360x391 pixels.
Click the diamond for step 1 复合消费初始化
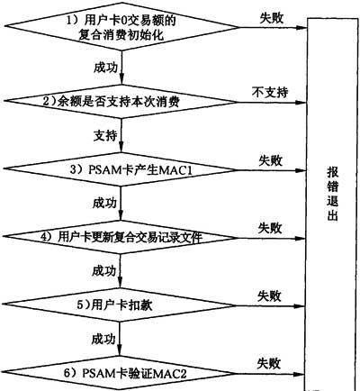pyautogui.click(x=121, y=27)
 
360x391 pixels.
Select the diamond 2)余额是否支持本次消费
pyautogui.click(x=121, y=102)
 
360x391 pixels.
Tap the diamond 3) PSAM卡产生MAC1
pyautogui.click(x=120, y=169)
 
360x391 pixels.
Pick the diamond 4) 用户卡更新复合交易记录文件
pyautogui.click(x=120, y=237)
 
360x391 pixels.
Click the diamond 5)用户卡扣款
pyautogui.click(x=120, y=305)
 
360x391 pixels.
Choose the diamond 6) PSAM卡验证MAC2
pyautogui.click(x=120, y=374)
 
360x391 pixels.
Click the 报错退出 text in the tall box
pyautogui.click(x=332, y=194)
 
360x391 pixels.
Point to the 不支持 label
pyautogui.click(x=270, y=92)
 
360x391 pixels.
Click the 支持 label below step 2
pyautogui.click(x=105, y=136)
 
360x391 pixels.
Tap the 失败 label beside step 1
pyautogui.click(x=271, y=19)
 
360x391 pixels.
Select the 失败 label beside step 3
pyautogui.click(x=271, y=160)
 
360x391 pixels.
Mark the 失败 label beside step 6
pyautogui.click(x=269, y=364)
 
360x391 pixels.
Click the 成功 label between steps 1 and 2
pyautogui.click(x=105, y=68)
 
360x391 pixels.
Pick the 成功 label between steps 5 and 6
pyautogui.click(x=103, y=339)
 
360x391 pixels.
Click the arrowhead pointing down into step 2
pyautogui.click(x=121, y=80)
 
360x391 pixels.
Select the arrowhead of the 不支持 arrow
pyautogui.click(x=301, y=103)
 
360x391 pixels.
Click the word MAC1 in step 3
pyautogui.click(x=176, y=170)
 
